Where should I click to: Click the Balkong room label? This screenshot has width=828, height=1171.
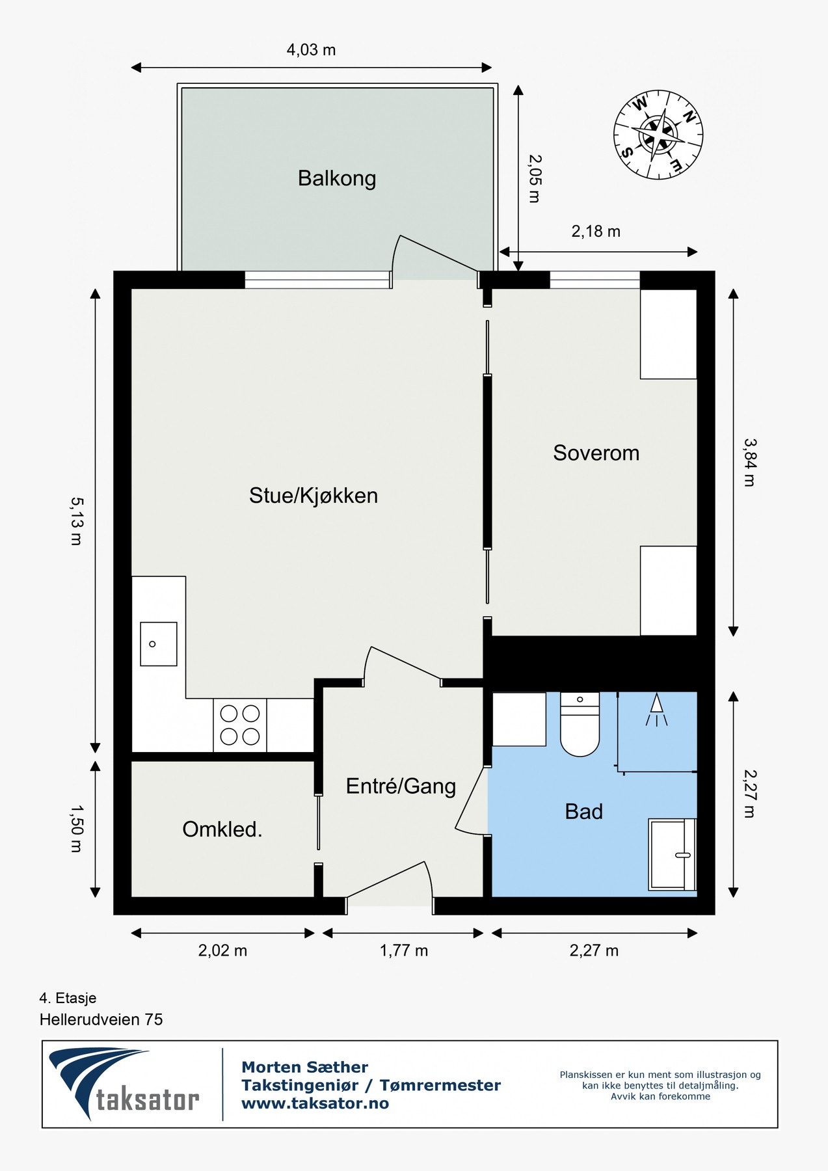click(x=336, y=178)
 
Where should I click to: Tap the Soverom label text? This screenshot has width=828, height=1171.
click(x=596, y=453)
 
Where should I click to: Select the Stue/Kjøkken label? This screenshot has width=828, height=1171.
click(x=313, y=496)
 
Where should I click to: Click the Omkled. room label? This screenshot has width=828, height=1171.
click(x=222, y=829)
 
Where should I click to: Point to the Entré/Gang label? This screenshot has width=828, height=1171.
click(x=401, y=786)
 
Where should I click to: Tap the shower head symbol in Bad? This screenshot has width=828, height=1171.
click(x=657, y=710)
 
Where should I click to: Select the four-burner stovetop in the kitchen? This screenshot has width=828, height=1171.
click(x=239, y=725)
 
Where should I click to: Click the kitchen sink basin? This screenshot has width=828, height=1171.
click(x=159, y=643)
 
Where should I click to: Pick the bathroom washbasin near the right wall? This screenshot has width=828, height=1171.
click(x=671, y=854)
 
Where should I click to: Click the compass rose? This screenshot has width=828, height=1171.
click(x=658, y=135)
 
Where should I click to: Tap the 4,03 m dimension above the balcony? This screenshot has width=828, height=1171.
click(x=311, y=50)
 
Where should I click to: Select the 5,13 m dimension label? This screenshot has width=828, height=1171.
click(x=77, y=520)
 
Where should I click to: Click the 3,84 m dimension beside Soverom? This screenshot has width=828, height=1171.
click(x=749, y=463)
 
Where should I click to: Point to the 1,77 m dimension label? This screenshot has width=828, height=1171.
click(x=403, y=950)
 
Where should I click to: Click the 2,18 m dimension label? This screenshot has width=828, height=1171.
click(x=595, y=232)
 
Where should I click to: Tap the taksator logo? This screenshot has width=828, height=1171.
click(x=124, y=1084)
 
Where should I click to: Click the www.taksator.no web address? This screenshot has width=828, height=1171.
click(x=315, y=1103)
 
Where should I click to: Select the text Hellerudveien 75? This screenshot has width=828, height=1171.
click(x=101, y=1019)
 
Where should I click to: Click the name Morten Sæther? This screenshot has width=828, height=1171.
click(x=304, y=1067)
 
